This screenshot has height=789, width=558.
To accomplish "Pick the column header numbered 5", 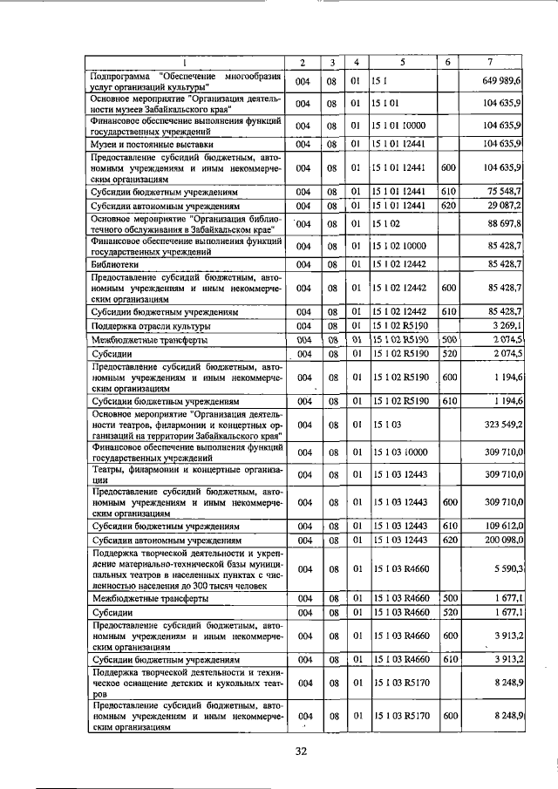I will tap(403, 63).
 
